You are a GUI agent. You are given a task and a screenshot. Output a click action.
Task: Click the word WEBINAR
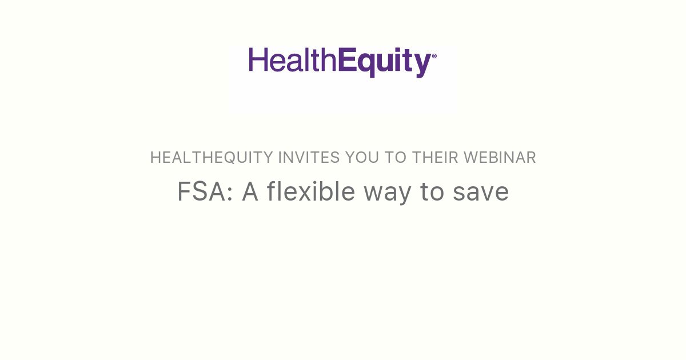pyautogui.click(x=500, y=158)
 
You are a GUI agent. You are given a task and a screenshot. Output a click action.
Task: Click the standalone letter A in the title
pyautogui.click(x=251, y=192)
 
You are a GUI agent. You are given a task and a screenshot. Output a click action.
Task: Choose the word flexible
pyautogui.click(x=311, y=192)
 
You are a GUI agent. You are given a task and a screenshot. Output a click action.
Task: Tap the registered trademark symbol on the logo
pyautogui.click(x=434, y=56)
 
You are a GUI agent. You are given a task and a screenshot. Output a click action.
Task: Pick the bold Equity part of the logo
pyautogui.click(x=383, y=62)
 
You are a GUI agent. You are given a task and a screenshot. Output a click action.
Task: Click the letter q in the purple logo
pyautogui.click(x=365, y=64)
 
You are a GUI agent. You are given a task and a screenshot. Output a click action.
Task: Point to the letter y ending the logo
pyautogui.click(x=422, y=65)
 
